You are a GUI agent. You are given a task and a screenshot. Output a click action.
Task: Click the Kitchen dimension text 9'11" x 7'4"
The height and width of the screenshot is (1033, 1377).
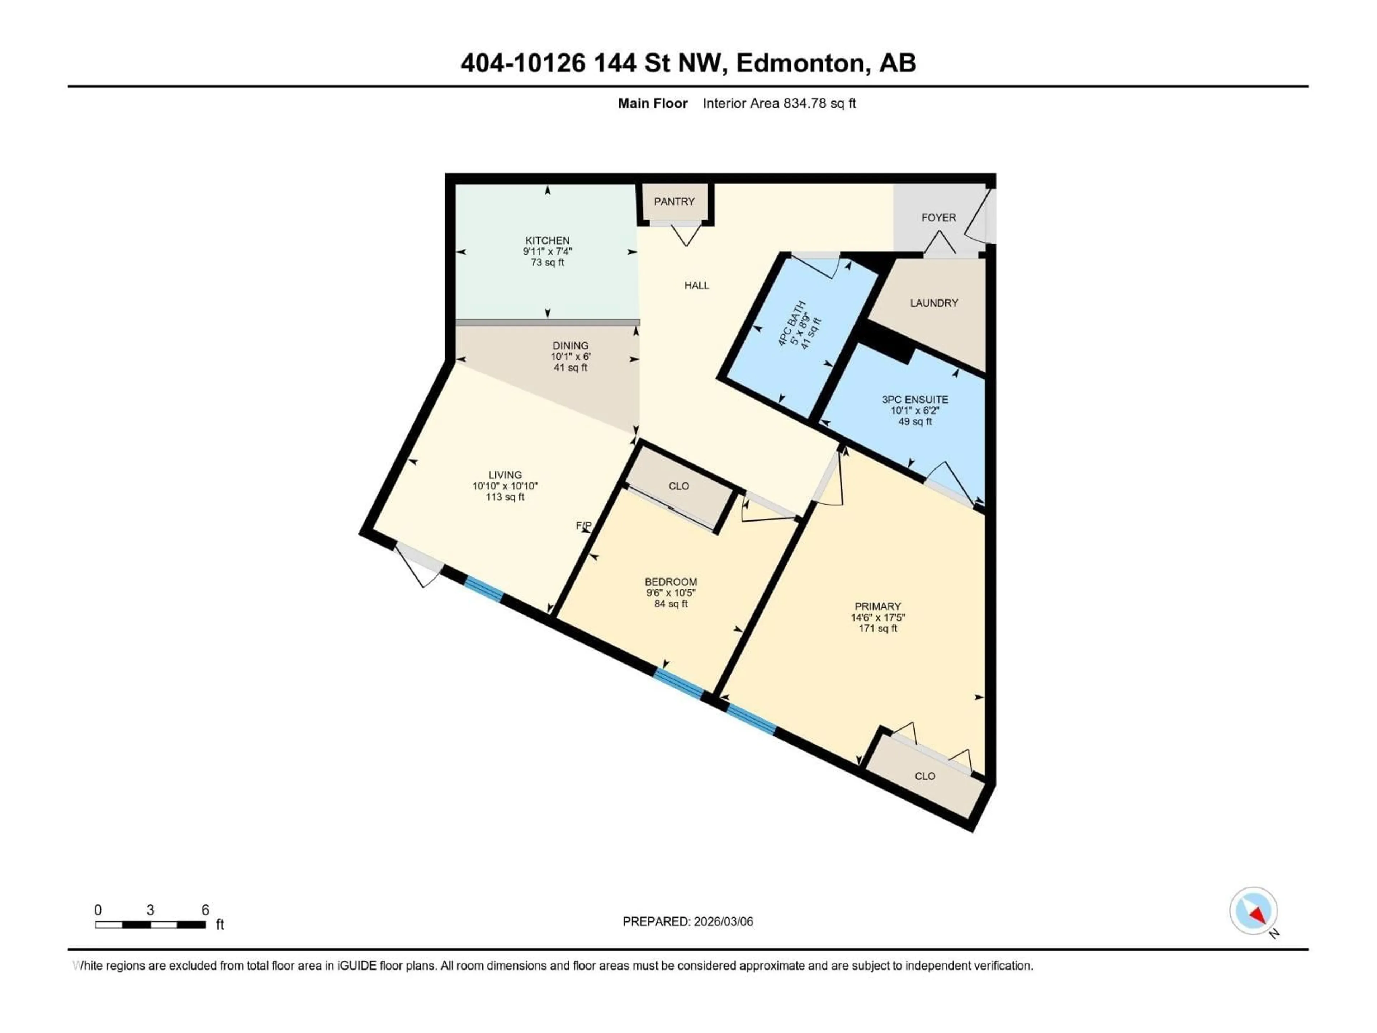coord(547,251)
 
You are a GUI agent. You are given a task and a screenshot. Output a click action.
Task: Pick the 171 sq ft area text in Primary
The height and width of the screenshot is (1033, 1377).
coord(878,629)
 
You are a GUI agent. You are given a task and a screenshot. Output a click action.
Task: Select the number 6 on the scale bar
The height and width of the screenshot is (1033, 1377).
coord(205,910)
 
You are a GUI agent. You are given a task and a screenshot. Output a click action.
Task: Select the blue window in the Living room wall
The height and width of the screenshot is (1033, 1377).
coord(484,589)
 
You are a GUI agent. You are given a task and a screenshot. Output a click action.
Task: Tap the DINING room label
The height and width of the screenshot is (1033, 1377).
coord(570,345)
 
